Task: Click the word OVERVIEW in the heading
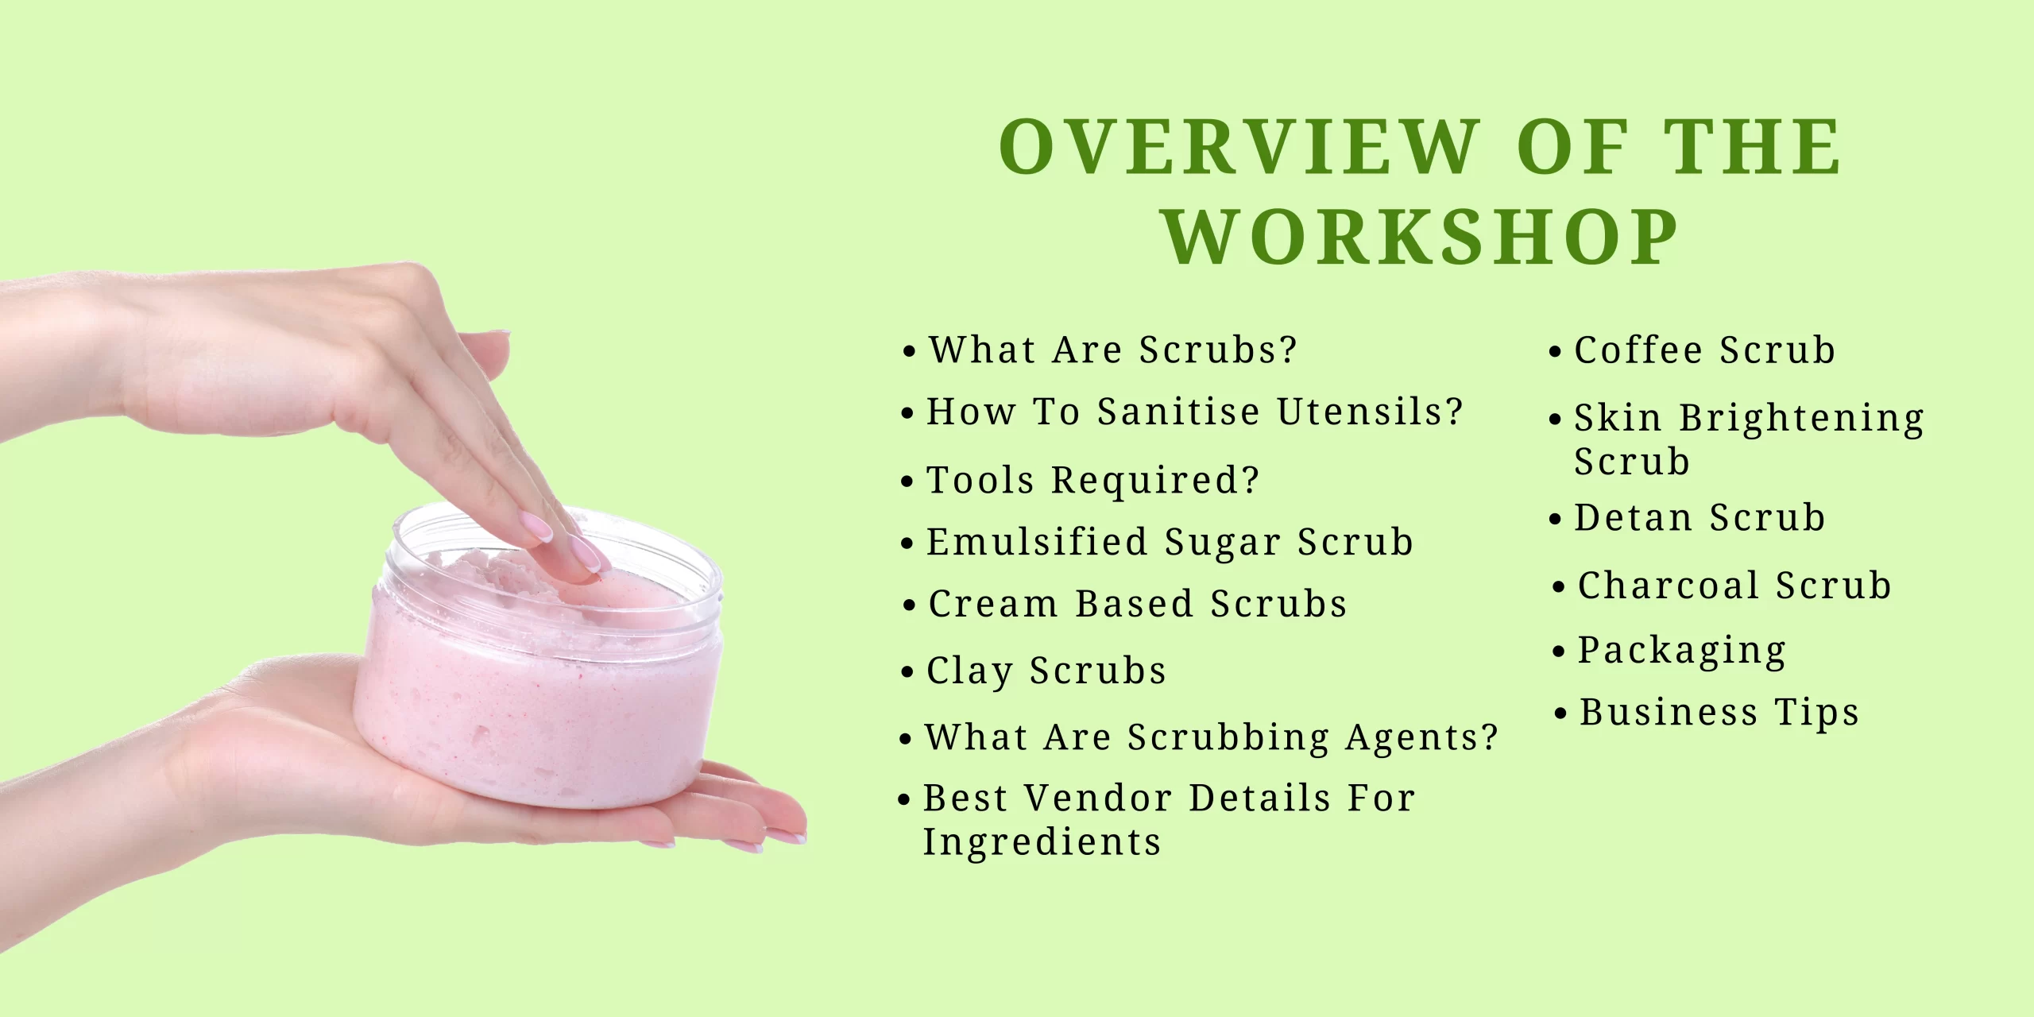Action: pos(1239,147)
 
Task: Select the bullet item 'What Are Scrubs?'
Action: pos(1112,350)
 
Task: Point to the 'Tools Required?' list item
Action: pos(1092,480)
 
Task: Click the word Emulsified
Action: pos(1037,542)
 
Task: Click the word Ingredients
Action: pos(1041,841)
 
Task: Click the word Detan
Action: pos(1633,518)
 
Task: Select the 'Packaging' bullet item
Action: pos(1681,651)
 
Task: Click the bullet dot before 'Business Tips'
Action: pos(1560,713)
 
